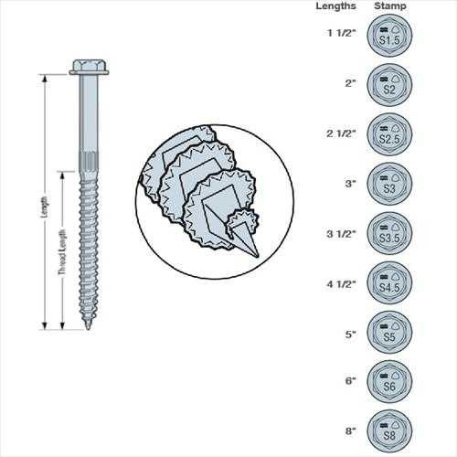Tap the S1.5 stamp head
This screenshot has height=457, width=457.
(x=389, y=37)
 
